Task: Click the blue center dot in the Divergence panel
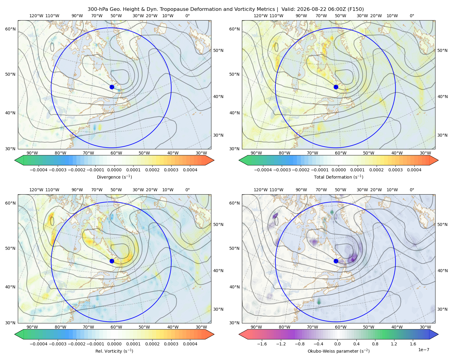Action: pos(112,87)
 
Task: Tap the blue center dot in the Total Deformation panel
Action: pos(336,87)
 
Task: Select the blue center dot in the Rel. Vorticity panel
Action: pos(112,261)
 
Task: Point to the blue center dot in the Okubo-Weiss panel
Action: pos(336,261)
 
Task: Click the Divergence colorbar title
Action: pos(114,177)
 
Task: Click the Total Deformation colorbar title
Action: pos(339,177)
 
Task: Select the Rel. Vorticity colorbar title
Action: pos(114,351)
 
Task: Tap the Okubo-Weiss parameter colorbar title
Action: pos(339,351)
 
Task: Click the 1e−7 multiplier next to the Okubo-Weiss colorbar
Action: pos(423,350)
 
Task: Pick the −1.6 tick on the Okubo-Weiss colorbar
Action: pos(262,344)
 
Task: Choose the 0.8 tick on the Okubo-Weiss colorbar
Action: pos(375,344)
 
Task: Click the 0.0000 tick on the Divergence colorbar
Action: pos(114,170)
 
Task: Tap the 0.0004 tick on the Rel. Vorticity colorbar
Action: pos(190,344)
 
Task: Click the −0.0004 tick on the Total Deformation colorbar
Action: pos(263,170)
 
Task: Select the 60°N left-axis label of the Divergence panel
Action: pos(10,29)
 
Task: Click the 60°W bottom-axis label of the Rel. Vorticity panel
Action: pos(116,327)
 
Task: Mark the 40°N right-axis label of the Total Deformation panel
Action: pos(442,97)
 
